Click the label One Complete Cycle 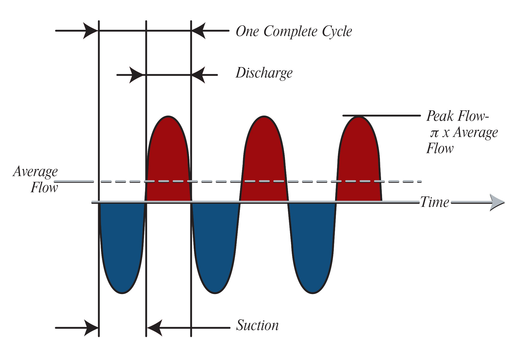294,32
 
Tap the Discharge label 264,73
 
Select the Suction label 257,325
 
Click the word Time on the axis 435,202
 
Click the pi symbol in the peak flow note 434,133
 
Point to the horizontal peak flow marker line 381,115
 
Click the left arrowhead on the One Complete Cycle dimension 90,31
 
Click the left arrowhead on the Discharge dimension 136,75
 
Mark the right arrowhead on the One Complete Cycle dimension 199,31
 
